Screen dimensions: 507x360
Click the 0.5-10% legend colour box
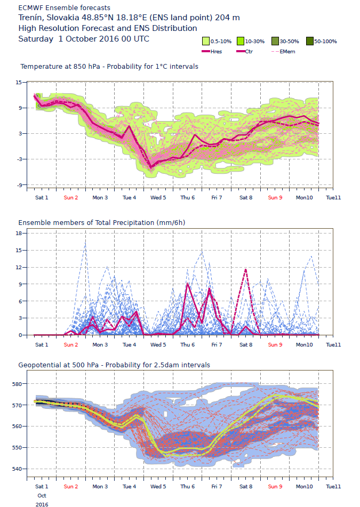point(205,41)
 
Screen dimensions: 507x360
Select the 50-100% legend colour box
point(309,41)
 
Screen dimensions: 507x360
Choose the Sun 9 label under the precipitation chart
point(275,345)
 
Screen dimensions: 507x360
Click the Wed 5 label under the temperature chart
point(158,198)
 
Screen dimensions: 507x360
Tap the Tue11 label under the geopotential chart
point(333,487)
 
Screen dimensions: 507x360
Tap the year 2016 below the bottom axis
point(42,504)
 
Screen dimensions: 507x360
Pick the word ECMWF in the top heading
point(30,8)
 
